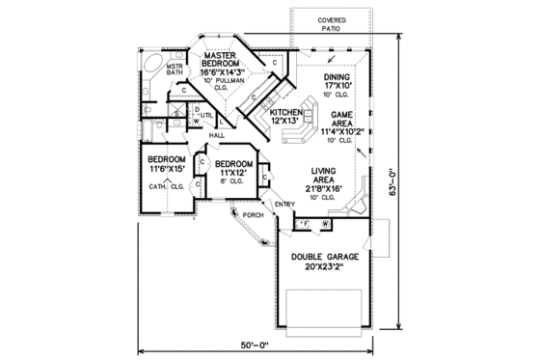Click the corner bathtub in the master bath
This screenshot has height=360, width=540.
(x=152, y=65)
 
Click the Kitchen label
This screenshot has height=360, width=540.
(x=286, y=112)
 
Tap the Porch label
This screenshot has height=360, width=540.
(x=253, y=214)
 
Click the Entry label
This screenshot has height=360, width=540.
(x=285, y=203)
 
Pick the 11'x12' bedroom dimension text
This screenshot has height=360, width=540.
(x=232, y=175)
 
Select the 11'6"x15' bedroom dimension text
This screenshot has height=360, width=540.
(x=166, y=170)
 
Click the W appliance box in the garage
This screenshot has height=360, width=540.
(x=326, y=224)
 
